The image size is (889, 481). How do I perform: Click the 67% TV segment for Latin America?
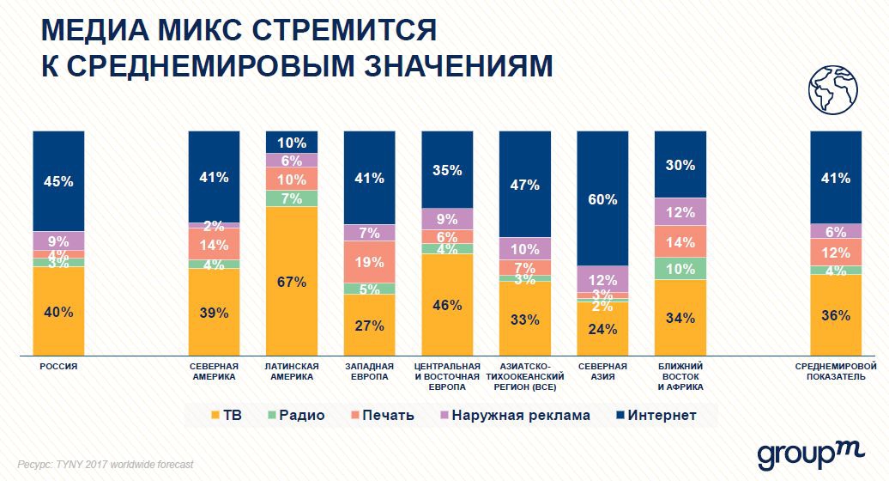pos(292,280)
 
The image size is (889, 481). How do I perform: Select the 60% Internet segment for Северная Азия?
pos(602,198)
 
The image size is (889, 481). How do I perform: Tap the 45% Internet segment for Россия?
pos(59,181)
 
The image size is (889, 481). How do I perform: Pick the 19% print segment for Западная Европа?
pos(369,261)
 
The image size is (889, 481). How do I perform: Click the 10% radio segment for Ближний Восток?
pos(680,268)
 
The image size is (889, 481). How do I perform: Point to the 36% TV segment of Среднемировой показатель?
pos(836,314)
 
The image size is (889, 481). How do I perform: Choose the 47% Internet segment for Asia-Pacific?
pos(524,184)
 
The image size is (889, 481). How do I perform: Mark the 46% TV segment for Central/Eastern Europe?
pos(447,304)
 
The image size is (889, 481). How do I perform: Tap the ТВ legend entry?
pos(225,416)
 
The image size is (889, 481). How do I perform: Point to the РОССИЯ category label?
pos(59,366)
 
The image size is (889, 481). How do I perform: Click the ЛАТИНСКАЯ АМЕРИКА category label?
pos(292,371)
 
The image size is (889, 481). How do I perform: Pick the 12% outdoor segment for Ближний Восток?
pos(680,211)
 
